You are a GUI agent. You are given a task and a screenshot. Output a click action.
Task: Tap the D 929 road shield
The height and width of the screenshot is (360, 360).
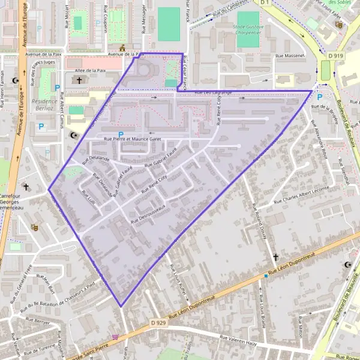pyautogui.click(x=158, y=323)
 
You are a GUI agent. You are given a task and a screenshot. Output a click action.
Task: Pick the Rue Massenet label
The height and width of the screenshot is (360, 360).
pyautogui.click(x=290, y=56)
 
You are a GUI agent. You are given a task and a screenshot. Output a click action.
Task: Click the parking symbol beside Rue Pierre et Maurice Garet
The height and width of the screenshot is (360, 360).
pyautogui.click(x=121, y=134)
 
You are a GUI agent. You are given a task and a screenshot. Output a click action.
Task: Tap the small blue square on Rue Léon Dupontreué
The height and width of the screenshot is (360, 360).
pyautogui.click(x=265, y=276)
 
